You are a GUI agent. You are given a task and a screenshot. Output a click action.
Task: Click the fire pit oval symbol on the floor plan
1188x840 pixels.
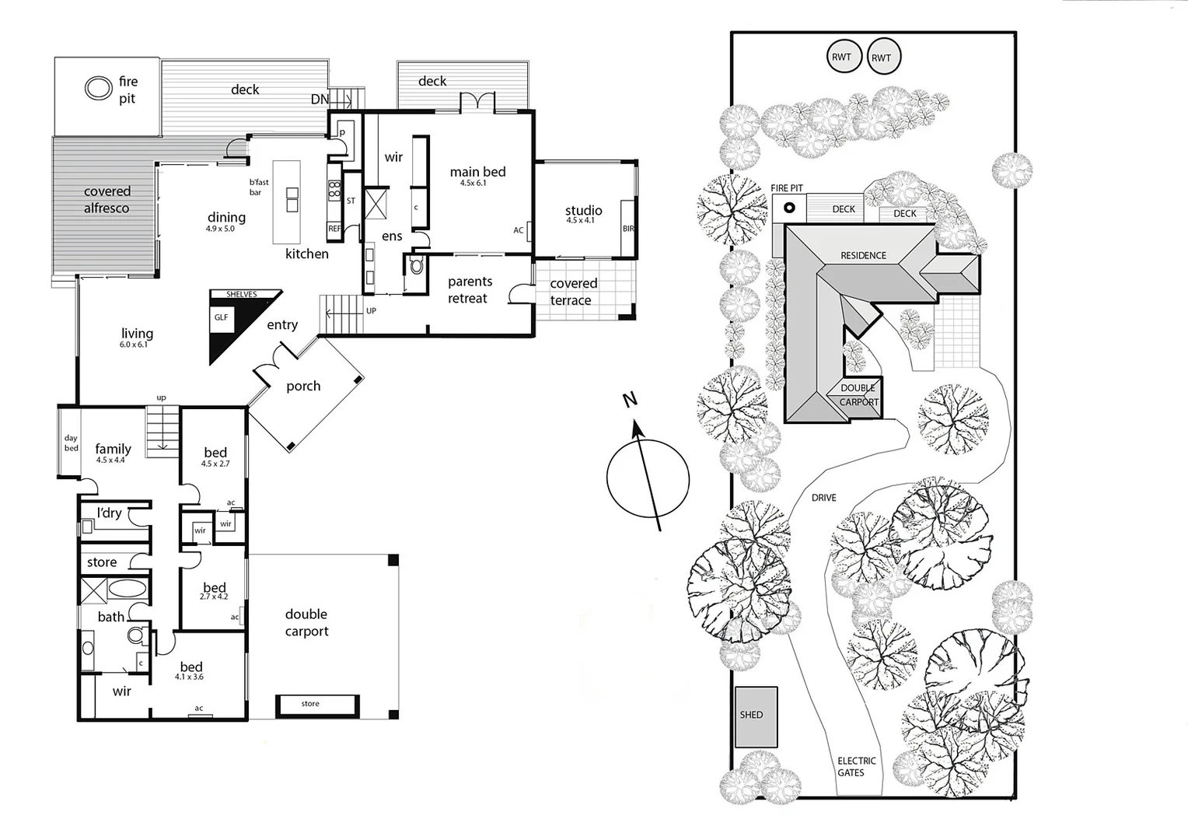tap(98, 88)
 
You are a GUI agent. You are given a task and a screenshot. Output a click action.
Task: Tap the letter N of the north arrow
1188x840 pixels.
tap(630, 400)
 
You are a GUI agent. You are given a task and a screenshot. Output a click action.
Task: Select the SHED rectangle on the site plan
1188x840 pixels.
tap(756, 716)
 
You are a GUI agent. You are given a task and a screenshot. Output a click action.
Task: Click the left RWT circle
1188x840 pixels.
tap(841, 57)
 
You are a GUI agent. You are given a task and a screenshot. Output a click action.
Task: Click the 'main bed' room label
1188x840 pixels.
tap(477, 172)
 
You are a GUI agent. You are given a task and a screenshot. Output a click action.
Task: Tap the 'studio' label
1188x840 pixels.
tap(583, 210)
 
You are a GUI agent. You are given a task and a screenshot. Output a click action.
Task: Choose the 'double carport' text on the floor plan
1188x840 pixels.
tap(306, 623)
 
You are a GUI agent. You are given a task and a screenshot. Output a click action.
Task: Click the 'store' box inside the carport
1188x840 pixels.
tap(317, 704)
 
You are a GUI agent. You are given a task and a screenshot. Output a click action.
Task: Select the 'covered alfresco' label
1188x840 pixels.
tap(107, 200)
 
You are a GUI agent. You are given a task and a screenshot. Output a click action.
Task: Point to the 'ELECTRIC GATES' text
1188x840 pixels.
tap(856, 767)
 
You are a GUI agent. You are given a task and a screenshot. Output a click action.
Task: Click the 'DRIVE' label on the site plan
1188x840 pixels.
tap(823, 498)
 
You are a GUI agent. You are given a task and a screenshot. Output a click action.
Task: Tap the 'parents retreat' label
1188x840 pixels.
tap(469, 289)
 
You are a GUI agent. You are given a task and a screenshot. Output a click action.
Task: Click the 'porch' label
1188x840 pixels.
tap(303, 386)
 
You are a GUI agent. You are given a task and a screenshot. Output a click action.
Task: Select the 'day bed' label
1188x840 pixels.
tap(71, 443)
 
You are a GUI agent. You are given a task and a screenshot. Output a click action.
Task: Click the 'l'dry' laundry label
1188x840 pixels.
tap(110, 513)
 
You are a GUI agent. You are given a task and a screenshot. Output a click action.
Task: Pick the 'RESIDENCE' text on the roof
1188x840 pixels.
tap(863, 255)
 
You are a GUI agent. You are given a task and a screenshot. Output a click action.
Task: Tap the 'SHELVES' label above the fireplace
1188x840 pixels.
tap(241, 294)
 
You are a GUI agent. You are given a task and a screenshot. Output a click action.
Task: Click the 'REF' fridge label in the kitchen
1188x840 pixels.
tap(334, 229)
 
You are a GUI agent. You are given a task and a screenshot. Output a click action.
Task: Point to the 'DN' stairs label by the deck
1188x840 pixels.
tap(320, 100)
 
